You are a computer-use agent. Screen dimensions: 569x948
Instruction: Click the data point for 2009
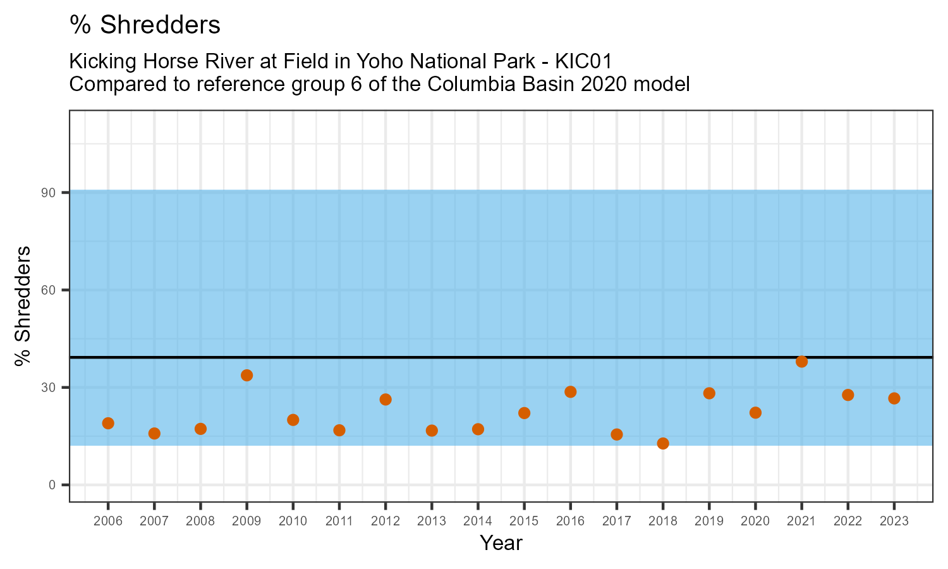[246, 376]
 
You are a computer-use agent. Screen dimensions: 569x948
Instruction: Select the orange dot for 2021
[801, 362]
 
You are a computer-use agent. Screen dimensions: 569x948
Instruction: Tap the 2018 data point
[663, 443]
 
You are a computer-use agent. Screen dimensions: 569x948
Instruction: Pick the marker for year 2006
[108, 423]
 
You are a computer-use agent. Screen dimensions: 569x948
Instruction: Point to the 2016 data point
[570, 392]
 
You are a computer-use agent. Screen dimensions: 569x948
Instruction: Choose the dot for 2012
[386, 400]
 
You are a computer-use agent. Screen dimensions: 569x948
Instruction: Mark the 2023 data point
[894, 398]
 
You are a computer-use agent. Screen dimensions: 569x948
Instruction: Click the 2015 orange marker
[524, 413]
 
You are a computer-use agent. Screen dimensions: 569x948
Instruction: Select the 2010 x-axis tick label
[293, 522]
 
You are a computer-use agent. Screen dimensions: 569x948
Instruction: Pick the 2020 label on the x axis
[755, 522]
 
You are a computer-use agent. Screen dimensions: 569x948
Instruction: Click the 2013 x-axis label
[432, 522]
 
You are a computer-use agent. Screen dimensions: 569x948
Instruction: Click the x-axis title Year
[501, 543]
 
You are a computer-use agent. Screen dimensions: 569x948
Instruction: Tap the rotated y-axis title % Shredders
[23, 306]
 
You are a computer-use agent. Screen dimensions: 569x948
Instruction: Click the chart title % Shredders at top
[145, 25]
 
